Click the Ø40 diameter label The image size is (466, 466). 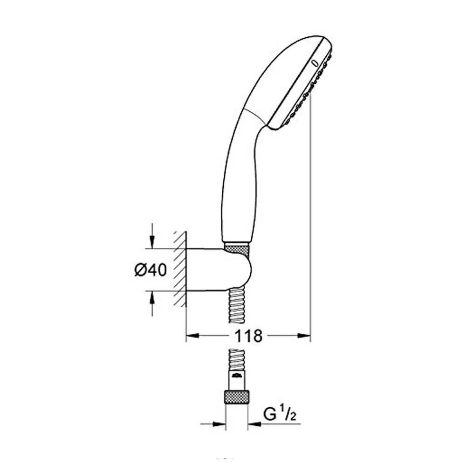click(x=151, y=270)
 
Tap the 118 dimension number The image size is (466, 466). click(x=248, y=336)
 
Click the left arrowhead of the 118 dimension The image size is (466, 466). click(x=192, y=336)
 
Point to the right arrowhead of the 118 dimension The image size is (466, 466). click(x=304, y=336)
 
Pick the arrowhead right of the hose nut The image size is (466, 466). click(x=254, y=424)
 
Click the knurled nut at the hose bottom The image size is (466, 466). click(x=237, y=397)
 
